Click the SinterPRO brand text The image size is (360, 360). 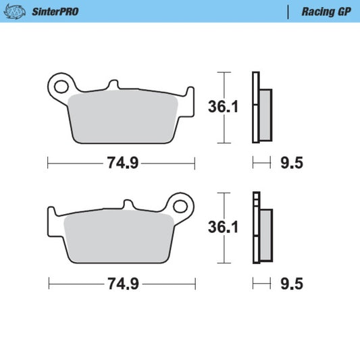(x=55, y=11)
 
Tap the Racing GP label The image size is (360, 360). (x=325, y=11)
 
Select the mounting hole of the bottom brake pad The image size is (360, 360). (x=180, y=205)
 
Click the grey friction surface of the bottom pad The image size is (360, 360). (x=118, y=236)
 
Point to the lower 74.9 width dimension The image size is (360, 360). (x=122, y=284)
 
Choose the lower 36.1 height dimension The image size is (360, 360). (x=224, y=227)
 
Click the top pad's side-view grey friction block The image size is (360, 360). (x=265, y=115)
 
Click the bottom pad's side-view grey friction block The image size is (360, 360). (x=265, y=236)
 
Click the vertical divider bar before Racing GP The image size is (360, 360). (x=289, y=11)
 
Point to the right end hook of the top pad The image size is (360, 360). (x=190, y=96)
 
